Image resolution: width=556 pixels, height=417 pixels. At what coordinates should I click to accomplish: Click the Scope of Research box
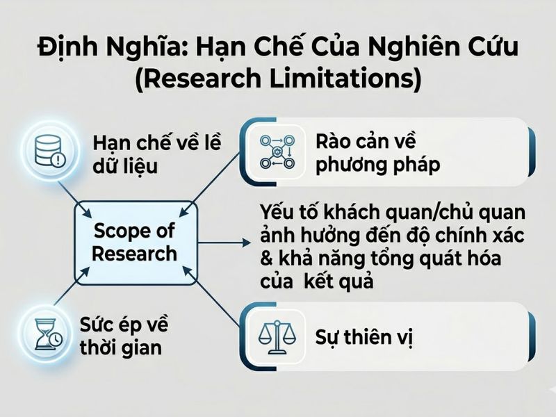[134, 241]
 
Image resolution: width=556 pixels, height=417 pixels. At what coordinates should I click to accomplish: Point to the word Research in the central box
[134, 253]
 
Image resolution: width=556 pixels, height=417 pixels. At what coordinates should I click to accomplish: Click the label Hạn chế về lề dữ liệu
[156, 154]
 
